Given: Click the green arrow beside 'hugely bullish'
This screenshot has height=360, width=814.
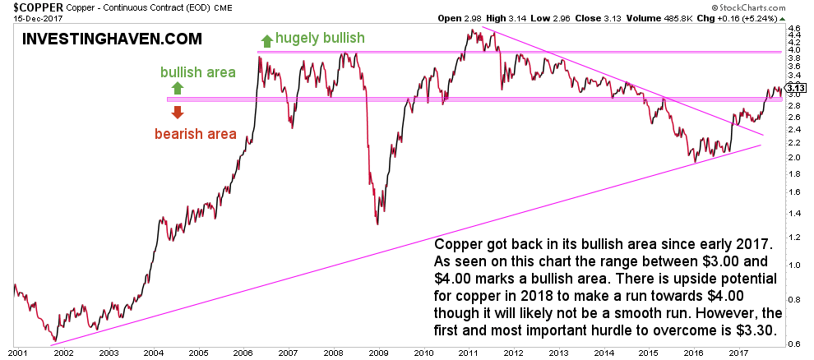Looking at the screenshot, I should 266,39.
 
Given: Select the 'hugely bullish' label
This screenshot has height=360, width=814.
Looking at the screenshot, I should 320,39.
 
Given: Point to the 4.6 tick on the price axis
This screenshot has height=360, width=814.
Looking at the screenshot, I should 794,29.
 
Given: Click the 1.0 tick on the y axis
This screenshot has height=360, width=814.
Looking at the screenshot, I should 794,265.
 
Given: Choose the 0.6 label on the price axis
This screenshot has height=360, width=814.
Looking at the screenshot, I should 794,344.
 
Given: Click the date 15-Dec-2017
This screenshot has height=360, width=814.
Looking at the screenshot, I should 27,16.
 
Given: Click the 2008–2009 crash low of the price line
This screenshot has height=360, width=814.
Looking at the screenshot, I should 377,224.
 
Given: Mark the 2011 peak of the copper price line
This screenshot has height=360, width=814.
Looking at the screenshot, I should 471,30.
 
